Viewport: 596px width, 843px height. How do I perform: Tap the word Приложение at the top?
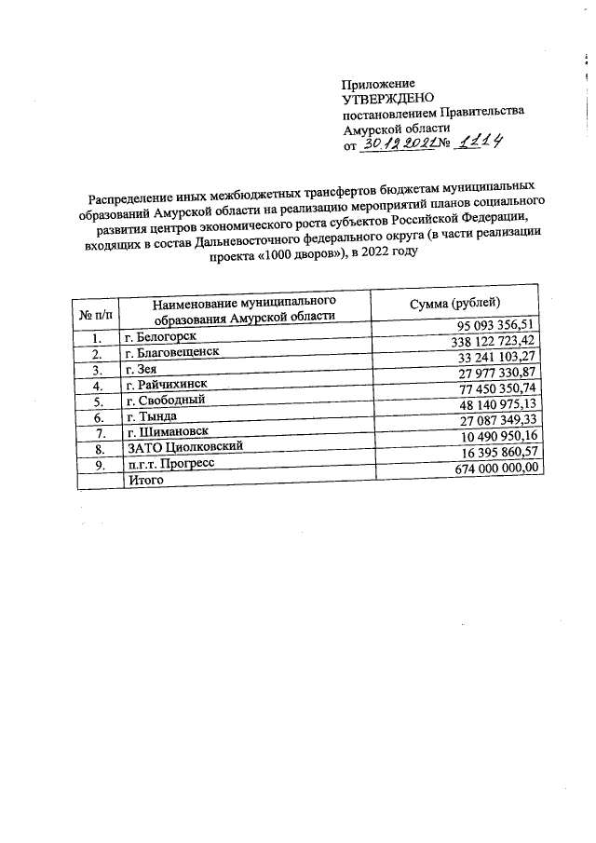pyautogui.click(x=379, y=83)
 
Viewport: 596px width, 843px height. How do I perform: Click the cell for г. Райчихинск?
pyautogui.click(x=167, y=386)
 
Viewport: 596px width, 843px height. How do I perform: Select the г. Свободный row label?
pyautogui.click(x=165, y=401)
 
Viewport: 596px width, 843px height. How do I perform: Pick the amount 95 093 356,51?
pyautogui.click(x=499, y=326)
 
